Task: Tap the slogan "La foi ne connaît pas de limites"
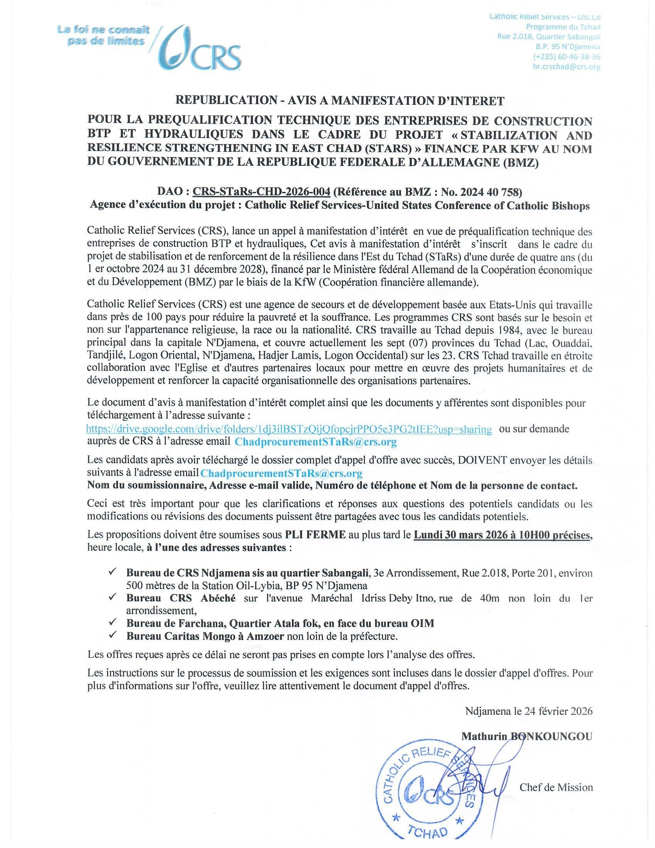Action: (103, 35)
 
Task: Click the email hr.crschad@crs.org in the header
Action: (566, 66)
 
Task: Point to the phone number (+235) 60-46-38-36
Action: (567, 57)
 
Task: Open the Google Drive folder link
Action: (289, 429)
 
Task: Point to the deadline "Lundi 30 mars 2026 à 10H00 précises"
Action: (502, 535)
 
